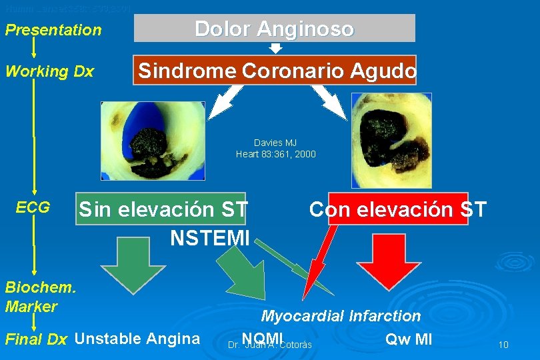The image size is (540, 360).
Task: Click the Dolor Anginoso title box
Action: click(x=275, y=29)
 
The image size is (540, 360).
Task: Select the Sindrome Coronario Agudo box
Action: click(x=275, y=70)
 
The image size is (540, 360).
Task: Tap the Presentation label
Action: click(x=53, y=30)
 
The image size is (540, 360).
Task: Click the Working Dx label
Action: click(x=49, y=71)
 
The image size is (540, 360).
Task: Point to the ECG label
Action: click(x=33, y=207)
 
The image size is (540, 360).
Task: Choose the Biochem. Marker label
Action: click(x=41, y=297)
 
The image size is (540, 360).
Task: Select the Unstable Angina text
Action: click(x=137, y=339)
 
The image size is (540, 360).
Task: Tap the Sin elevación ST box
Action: click(x=163, y=209)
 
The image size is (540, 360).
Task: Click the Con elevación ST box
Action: click(x=397, y=209)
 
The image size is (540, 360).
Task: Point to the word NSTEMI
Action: click(x=210, y=237)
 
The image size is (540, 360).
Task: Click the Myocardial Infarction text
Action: click(x=341, y=316)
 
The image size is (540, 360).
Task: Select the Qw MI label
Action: click(x=409, y=339)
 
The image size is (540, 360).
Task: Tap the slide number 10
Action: click(x=503, y=345)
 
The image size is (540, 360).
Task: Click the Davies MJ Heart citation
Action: click(x=275, y=149)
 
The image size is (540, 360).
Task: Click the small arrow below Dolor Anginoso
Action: click(x=275, y=48)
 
